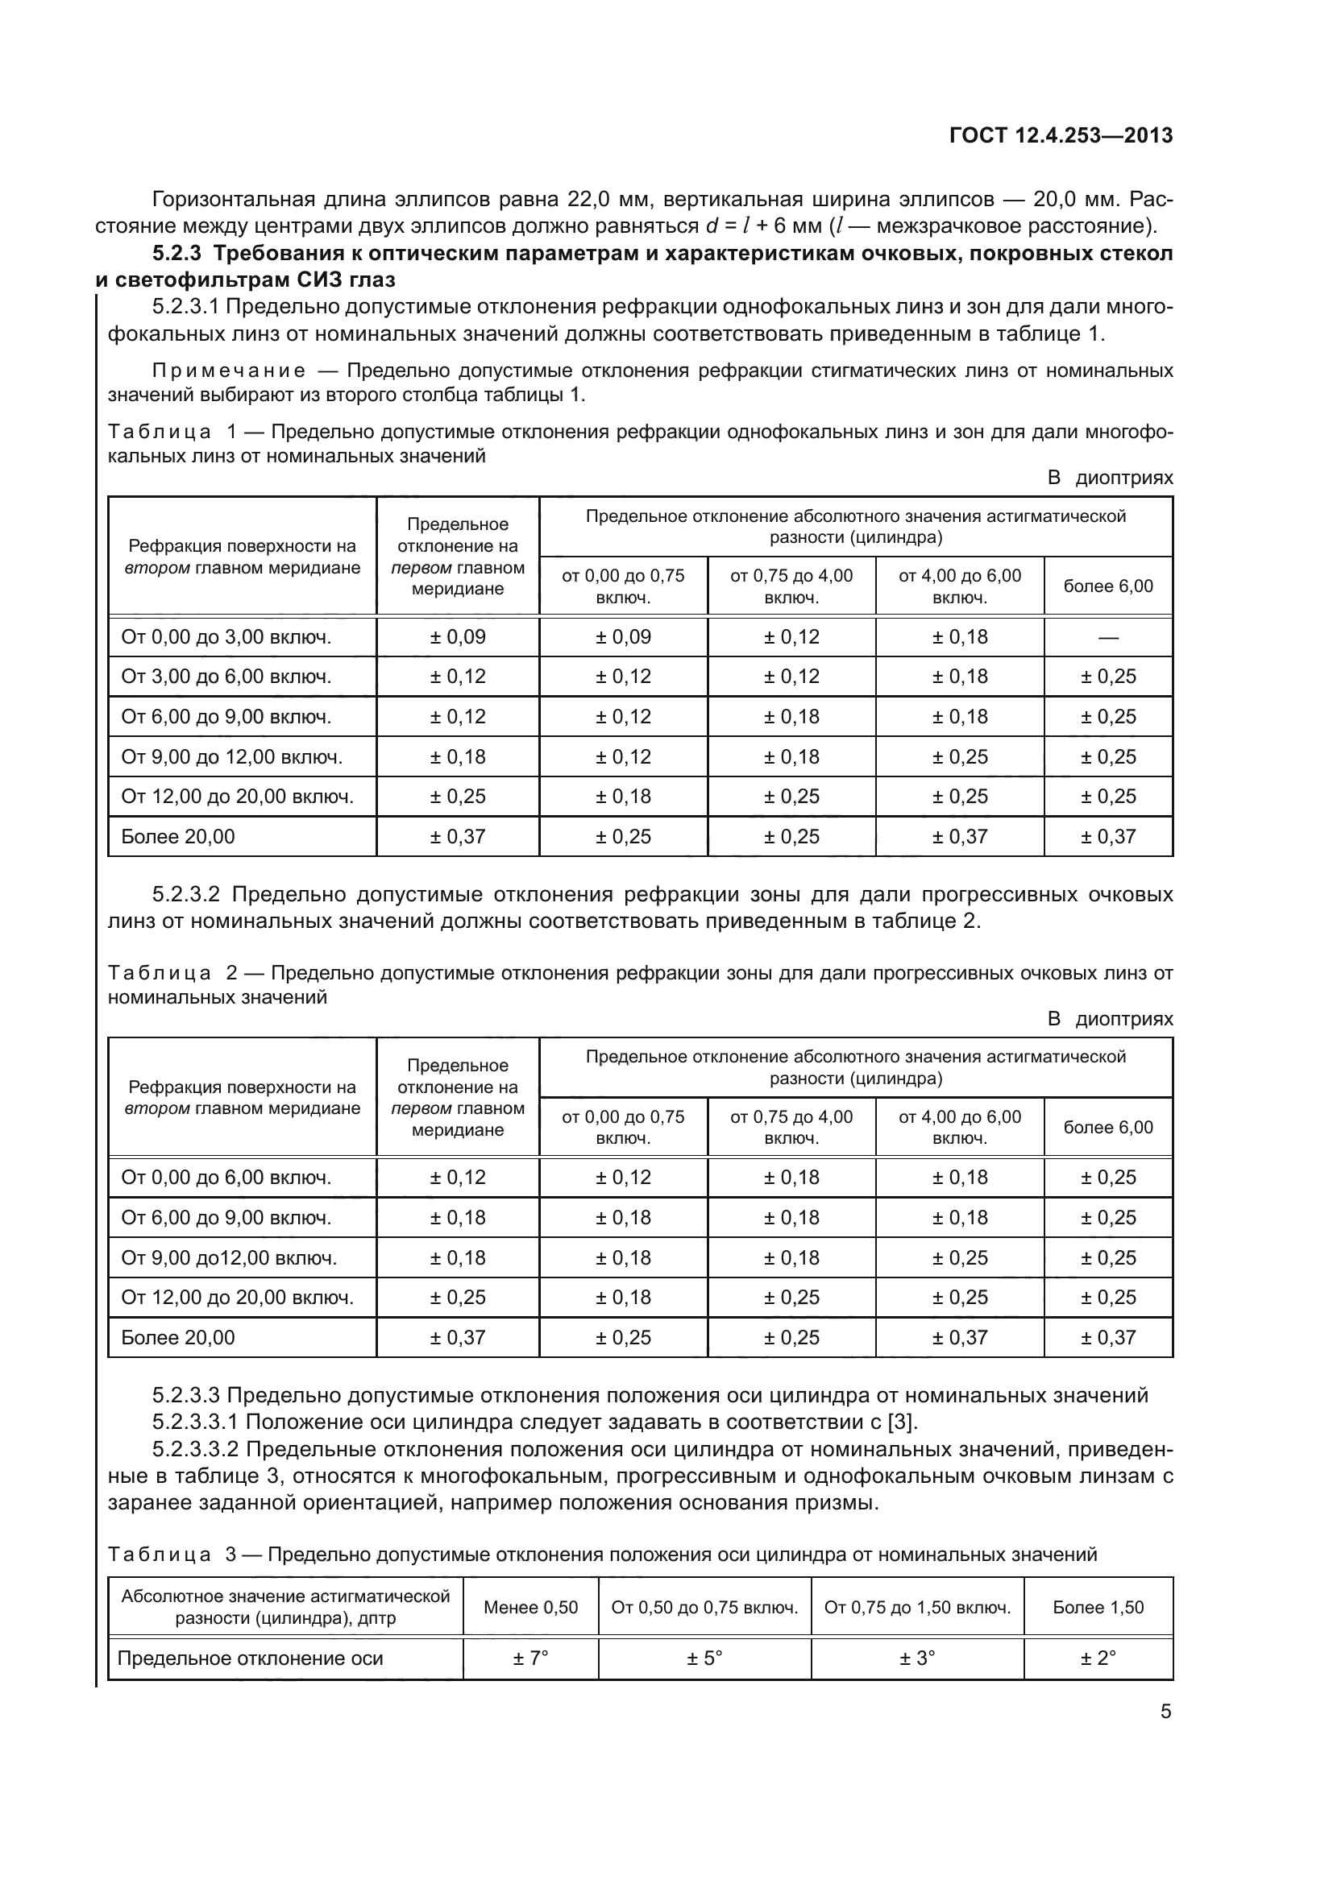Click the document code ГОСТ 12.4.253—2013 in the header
point(1061,136)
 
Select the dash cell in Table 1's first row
point(1107,638)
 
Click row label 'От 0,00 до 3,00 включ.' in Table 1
point(226,638)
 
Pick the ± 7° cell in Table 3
point(530,1658)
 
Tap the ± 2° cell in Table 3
point(1098,1658)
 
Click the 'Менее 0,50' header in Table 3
point(530,1608)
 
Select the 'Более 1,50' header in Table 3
point(1098,1608)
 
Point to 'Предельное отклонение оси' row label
point(251,1658)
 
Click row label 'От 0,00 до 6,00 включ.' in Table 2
point(226,1178)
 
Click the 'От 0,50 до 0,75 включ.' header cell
point(704,1608)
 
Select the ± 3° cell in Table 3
point(917,1658)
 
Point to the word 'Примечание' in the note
point(229,371)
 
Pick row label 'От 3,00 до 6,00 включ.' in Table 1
point(226,677)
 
